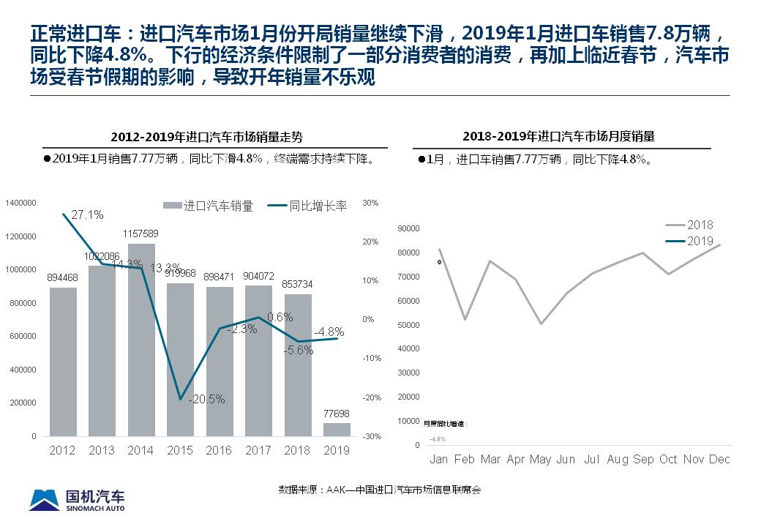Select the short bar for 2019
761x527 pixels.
tap(337, 429)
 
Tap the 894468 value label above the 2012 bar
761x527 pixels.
tap(63, 277)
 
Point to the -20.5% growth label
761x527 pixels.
tap(206, 400)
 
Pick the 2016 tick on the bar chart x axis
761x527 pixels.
tap(219, 450)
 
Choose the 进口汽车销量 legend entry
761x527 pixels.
tap(209, 206)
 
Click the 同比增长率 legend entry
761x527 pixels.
tap(308, 206)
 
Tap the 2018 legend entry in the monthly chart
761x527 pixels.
tap(700, 225)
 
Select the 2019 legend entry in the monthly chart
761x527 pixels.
tap(700, 241)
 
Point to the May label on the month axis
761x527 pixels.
tap(540, 459)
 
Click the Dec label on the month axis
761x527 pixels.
tap(719, 459)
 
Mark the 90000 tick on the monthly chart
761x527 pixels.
tap(408, 228)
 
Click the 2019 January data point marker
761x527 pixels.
tap(439, 262)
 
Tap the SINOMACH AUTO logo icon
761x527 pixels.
tap(44, 499)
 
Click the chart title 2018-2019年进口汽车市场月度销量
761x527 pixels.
tap(558, 136)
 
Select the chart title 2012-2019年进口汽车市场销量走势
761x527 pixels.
tap(207, 137)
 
